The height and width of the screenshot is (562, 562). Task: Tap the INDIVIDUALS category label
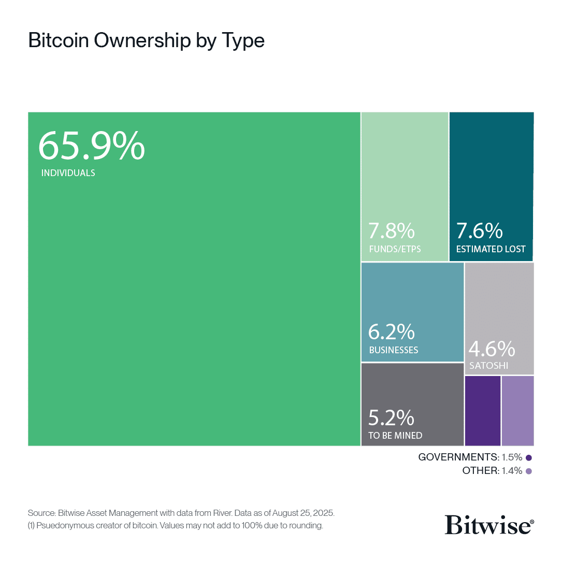(68, 173)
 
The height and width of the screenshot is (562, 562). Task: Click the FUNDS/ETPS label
(395, 249)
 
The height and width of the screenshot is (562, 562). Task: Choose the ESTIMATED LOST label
(491, 249)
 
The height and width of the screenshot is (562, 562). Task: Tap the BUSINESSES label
(394, 350)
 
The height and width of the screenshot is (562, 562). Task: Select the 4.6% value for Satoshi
(492, 349)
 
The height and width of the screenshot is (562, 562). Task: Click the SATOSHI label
(488, 366)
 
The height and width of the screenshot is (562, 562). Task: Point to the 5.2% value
(392, 417)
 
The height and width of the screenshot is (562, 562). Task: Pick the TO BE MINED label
(395, 435)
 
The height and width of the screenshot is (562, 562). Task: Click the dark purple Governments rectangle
(483, 410)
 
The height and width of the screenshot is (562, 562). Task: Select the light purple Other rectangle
(517, 410)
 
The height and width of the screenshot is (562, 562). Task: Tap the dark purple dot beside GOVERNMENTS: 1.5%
(529, 457)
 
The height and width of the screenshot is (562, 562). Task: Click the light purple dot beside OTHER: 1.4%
(529, 471)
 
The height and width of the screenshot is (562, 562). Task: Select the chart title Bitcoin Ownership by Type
(147, 41)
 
